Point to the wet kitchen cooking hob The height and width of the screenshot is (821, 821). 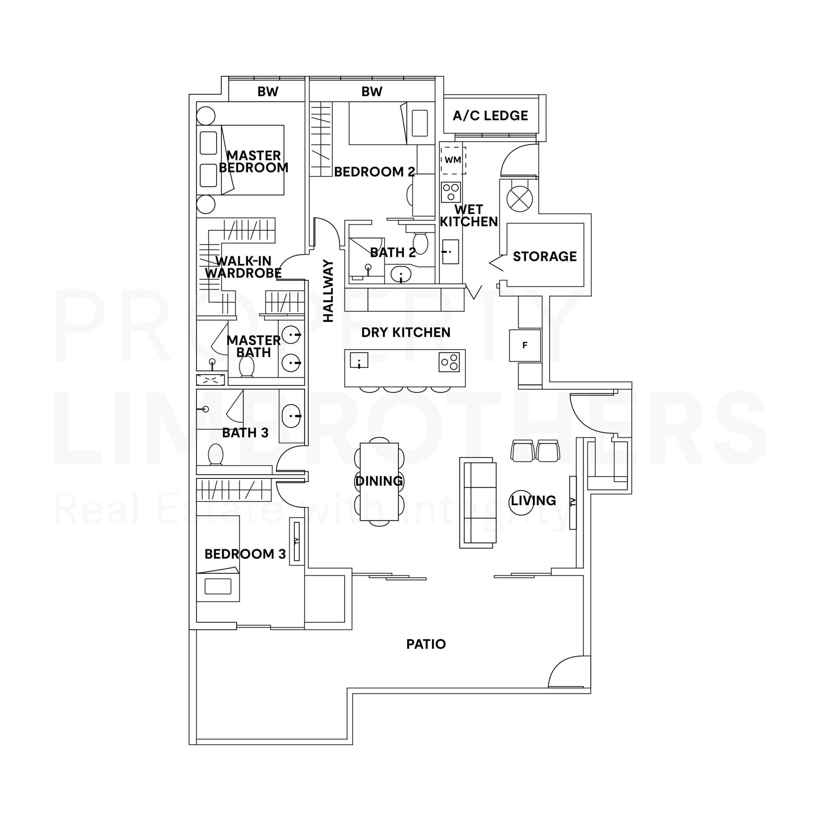point(451,192)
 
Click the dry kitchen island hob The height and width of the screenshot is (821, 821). point(449,362)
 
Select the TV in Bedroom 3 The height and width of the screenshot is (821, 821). point(297,541)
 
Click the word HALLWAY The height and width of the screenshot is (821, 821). point(328,291)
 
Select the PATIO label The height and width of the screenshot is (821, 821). point(426,644)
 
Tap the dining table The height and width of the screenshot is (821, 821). point(379,481)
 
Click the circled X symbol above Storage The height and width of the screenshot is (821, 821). point(519,199)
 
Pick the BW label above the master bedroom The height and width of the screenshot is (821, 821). point(268,92)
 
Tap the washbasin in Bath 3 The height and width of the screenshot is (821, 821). point(292,416)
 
